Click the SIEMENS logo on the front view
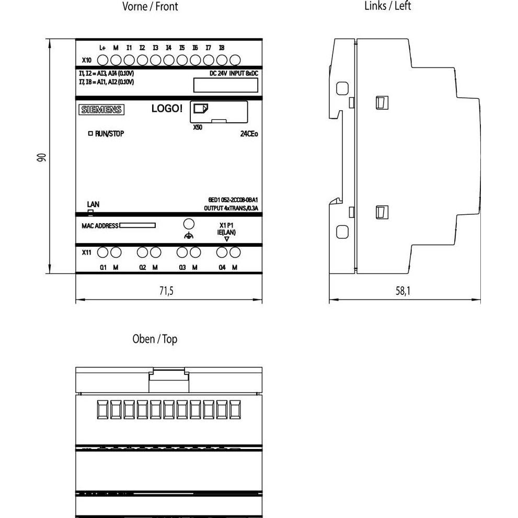tap(101, 110)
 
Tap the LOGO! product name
tap(167, 109)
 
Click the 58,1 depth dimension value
tap(402, 291)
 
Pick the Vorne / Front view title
tap(150, 7)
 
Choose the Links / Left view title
tap(387, 6)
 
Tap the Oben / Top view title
tap(155, 339)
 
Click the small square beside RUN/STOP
tap(90, 134)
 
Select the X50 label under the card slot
tap(197, 127)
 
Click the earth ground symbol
tap(189, 236)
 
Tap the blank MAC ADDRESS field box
tap(137, 226)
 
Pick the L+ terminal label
tap(103, 48)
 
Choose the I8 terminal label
tap(222, 48)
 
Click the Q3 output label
tap(182, 268)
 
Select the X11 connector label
tap(87, 252)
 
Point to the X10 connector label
tap(87, 61)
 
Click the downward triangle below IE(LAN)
tap(226, 239)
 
